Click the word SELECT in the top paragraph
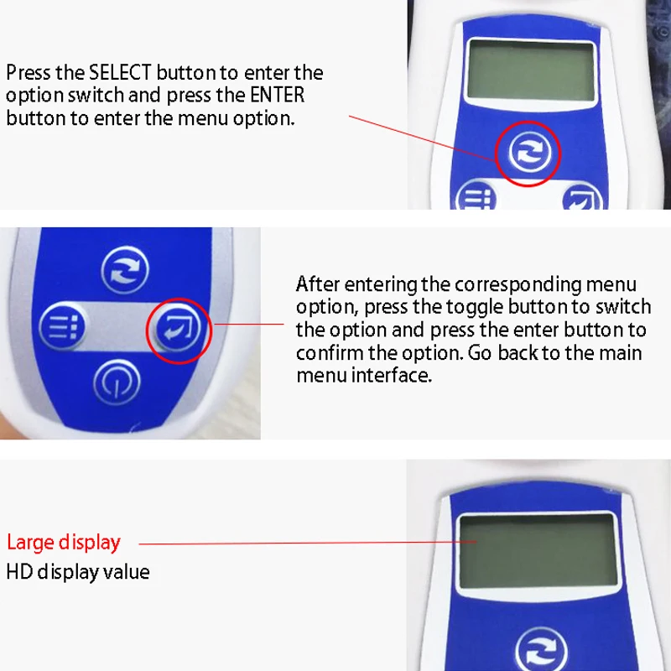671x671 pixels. [x=120, y=73]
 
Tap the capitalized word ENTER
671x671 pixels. [x=277, y=95]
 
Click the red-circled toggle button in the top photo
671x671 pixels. [x=529, y=153]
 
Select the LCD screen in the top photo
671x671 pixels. [x=531, y=71]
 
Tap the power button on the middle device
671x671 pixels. [x=117, y=382]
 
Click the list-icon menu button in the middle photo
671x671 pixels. [x=62, y=326]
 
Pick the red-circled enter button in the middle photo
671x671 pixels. [x=179, y=330]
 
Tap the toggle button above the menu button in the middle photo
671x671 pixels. [x=125, y=270]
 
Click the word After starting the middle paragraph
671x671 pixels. [x=318, y=284]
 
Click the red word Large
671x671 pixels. [x=30, y=543]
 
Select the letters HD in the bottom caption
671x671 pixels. [x=19, y=572]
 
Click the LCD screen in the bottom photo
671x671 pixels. [x=538, y=552]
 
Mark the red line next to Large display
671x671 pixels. [x=308, y=543]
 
